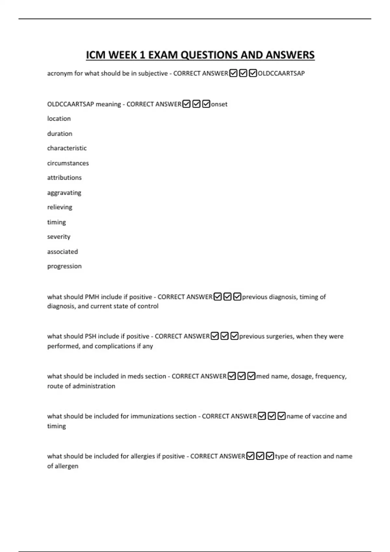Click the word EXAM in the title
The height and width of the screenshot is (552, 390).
pos(163,55)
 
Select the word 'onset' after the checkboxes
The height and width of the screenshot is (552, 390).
pos(219,104)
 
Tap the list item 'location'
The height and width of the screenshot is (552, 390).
pos(59,119)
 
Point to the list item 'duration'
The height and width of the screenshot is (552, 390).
pos(60,133)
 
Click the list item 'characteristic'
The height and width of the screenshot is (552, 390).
pos(67,148)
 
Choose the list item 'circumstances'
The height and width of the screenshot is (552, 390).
pos(68,163)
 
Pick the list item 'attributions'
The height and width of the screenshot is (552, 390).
pos(64,178)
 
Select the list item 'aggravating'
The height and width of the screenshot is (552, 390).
pos(64,193)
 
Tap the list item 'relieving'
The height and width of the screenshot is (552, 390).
pos(60,207)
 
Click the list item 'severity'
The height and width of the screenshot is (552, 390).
pos(59,237)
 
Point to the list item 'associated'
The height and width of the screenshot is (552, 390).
pos(63,252)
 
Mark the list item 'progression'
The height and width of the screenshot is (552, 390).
pos(64,266)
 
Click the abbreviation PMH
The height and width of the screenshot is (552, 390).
pos(92,297)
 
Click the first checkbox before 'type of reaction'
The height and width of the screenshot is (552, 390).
pos(250,456)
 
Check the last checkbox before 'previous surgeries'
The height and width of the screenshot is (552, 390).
pos(234,336)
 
